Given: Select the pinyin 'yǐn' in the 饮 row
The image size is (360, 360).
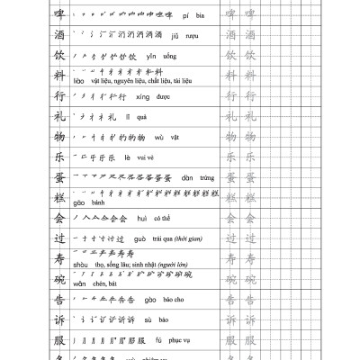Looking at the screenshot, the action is click(x=152, y=56).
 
